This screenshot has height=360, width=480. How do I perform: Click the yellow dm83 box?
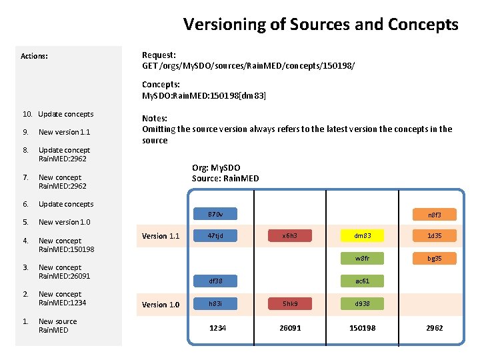pyautogui.click(x=362, y=235)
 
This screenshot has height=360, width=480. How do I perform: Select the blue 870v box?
pyautogui.click(x=215, y=215)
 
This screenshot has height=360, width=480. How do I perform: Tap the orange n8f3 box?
pyautogui.click(x=434, y=215)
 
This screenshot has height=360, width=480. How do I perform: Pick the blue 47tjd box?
pyautogui.click(x=215, y=235)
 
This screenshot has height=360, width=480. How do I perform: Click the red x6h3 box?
pyautogui.click(x=289, y=235)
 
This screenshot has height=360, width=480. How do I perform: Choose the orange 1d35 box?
pyautogui.click(x=434, y=235)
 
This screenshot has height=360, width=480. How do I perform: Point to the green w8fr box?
pyautogui.click(x=362, y=258)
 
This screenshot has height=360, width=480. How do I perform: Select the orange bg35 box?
pyautogui.click(x=434, y=258)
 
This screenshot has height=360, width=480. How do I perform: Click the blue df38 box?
pyautogui.click(x=215, y=281)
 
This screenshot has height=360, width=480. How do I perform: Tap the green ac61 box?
pyautogui.click(x=362, y=281)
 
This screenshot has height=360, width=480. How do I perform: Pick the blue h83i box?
pyautogui.click(x=215, y=304)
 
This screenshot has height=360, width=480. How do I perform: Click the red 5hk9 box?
pyautogui.click(x=289, y=304)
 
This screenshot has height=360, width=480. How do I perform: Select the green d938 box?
pyautogui.click(x=362, y=304)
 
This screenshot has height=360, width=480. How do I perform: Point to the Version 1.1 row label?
pyautogui.click(x=161, y=236)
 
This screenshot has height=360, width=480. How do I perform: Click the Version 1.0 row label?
pyautogui.click(x=161, y=305)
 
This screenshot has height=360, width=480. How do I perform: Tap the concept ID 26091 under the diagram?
pyautogui.click(x=290, y=328)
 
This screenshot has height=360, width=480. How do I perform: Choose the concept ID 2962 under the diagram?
pyautogui.click(x=434, y=328)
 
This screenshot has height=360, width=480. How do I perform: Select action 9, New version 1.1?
pyautogui.click(x=64, y=132)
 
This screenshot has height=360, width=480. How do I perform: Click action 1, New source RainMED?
pyautogui.click(x=57, y=325)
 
